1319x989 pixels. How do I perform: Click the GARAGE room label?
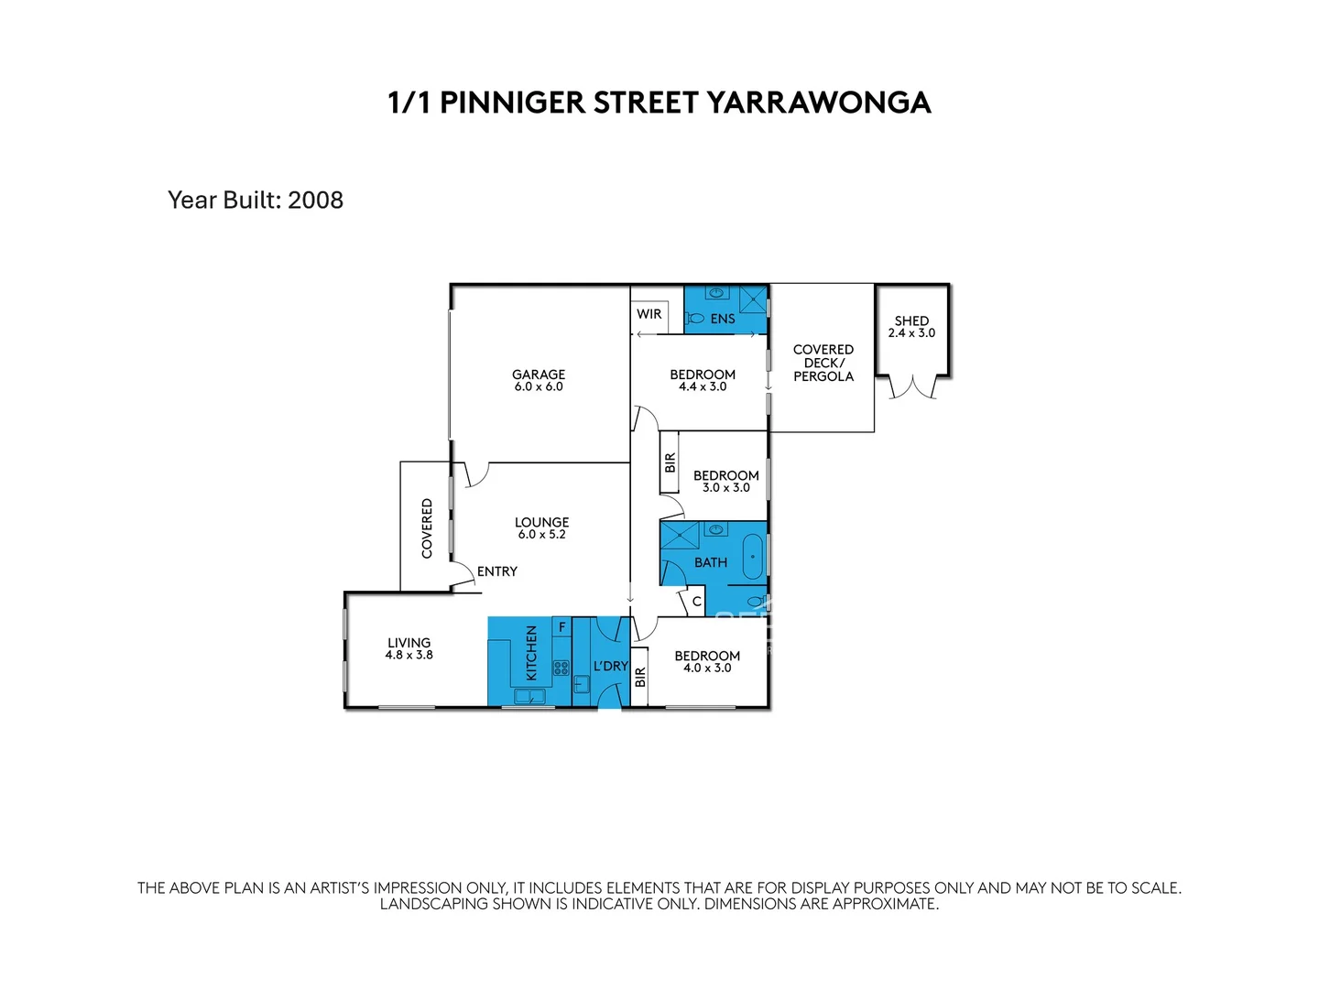pyautogui.click(x=539, y=374)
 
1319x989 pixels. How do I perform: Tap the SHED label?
pyautogui.click(x=911, y=321)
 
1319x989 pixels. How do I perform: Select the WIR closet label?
pyautogui.click(x=649, y=314)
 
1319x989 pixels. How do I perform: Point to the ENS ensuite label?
pyautogui.click(x=723, y=319)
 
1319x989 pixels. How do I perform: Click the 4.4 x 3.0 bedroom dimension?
pyautogui.click(x=703, y=387)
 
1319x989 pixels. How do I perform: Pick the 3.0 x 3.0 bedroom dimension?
pyautogui.click(x=725, y=488)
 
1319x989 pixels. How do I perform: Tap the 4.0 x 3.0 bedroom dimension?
pyautogui.click(x=707, y=668)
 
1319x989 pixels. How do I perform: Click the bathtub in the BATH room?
pyautogui.click(x=753, y=557)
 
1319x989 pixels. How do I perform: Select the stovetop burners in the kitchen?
pyautogui.click(x=561, y=668)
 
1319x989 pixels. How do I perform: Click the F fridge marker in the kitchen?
pyautogui.click(x=562, y=626)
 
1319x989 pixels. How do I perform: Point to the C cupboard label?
pyautogui.click(x=696, y=602)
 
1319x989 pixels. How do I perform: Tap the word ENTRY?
pyautogui.click(x=497, y=571)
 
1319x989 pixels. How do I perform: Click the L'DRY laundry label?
pyautogui.click(x=610, y=666)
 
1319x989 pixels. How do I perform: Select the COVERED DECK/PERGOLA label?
pyautogui.click(x=823, y=363)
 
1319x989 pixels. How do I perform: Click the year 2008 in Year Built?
pyautogui.click(x=315, y=200)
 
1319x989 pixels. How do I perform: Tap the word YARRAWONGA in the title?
pyautogui.click(x=818, y=103)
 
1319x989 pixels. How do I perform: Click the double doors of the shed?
pyautogui.click(x=912, y=387)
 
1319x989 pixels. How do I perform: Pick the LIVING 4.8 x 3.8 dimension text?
pyautogui.click(x=409, y=656)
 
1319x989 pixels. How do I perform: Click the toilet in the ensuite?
pyautogui.click(x=695, y=319)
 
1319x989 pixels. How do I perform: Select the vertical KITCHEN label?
pyautogui.click(x=531, y=653)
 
